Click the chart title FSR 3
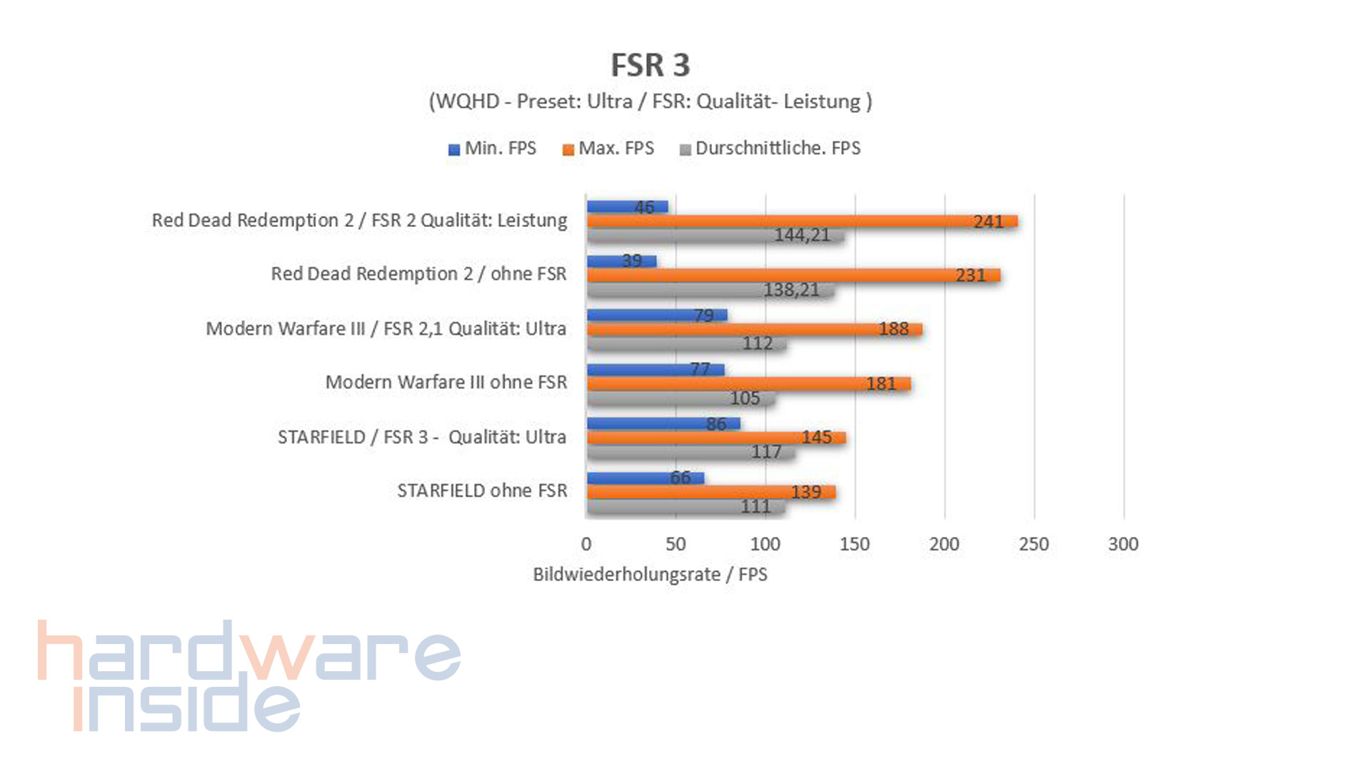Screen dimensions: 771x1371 pos(650,65)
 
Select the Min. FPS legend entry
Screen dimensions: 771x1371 pos(492,148)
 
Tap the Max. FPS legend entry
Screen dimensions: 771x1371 pos(608,148)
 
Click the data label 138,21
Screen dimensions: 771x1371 pos(791,290)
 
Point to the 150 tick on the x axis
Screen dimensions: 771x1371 pos(855,544)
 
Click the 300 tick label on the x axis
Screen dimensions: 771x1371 pos(1123,544)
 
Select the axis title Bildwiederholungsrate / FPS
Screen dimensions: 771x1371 pos(650,575)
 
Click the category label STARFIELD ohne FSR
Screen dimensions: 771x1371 pos(482,491)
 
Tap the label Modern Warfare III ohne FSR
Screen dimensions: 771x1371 pos(446,383)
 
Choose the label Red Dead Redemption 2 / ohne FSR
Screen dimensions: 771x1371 pos(418,274)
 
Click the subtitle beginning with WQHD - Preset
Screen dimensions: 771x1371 pos(650,101)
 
